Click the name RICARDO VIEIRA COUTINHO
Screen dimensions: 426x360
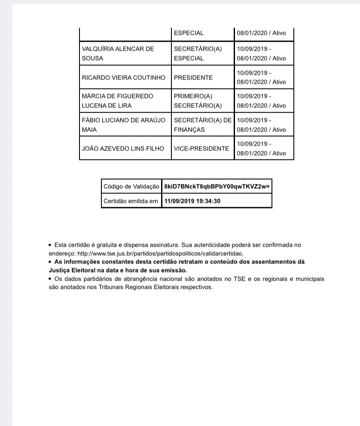(x=123, y=78)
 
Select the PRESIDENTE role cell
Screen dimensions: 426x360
(x=193, y=78)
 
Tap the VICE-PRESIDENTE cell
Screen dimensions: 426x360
(x=201, y=149)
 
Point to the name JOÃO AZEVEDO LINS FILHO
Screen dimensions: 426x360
(x=123, y=149)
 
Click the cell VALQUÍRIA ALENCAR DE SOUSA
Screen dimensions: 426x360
(x=118, y=54)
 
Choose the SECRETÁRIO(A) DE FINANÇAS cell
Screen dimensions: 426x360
(x=202, y=125)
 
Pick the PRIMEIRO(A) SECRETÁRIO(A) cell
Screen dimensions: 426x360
(x=198, y=101)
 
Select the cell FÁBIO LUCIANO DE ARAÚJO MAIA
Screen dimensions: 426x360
(x=123, y=125)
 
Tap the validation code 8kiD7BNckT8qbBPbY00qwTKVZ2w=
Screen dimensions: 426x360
(x=217, y=187)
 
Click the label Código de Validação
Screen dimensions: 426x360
(x=131, y=187)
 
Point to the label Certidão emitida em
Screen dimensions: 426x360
(x=131, y=201)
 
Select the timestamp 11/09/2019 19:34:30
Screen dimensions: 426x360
(x=192, y=201)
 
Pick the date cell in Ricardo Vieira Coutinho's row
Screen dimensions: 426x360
(x=261, y=78)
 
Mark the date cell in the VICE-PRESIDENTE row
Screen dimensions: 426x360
(x=261, y=149)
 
